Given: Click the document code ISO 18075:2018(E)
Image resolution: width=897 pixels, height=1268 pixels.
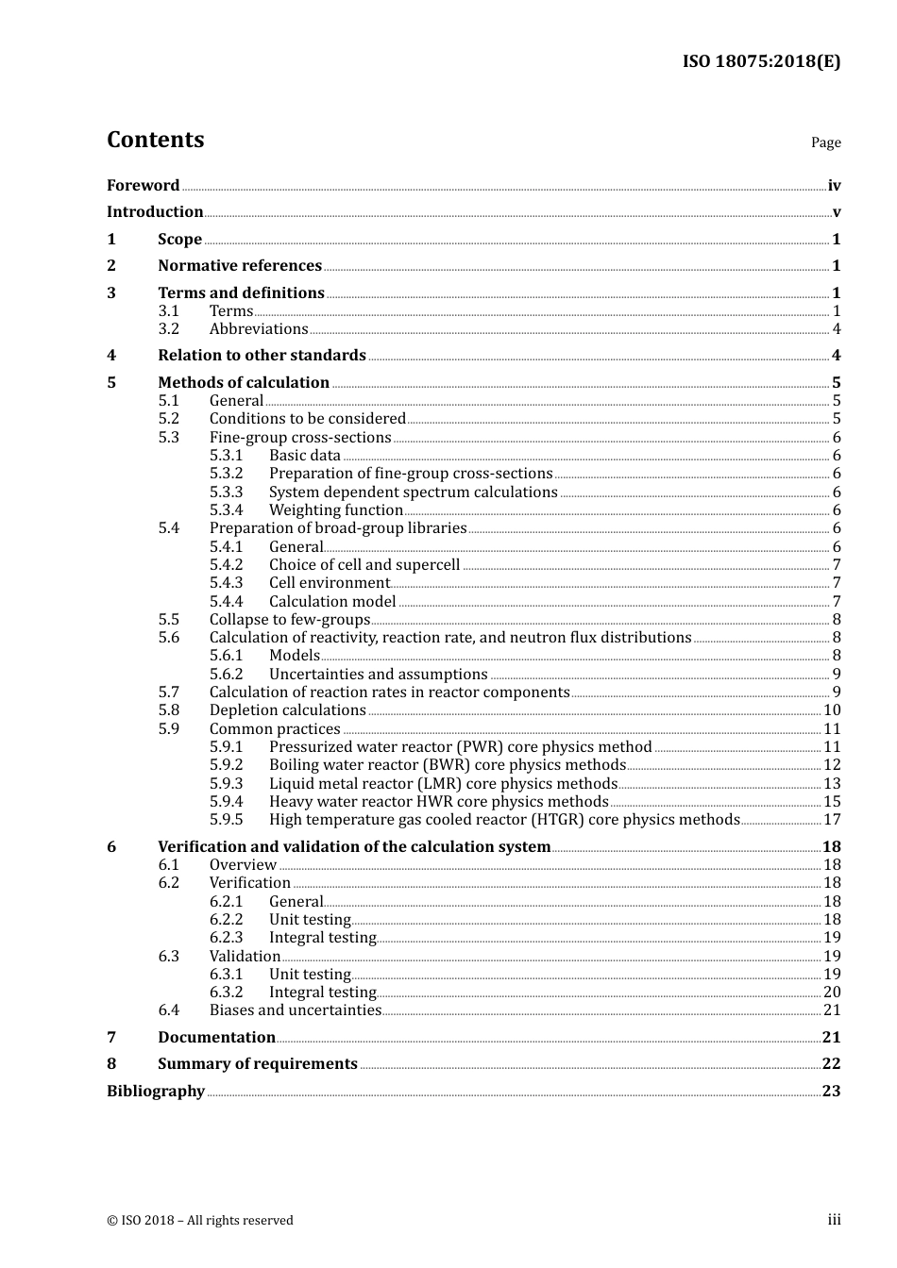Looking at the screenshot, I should pyautogui.click(x=761, y=62).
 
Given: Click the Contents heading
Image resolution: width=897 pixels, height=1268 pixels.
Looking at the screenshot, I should pyautogui.click(x=155, y=140).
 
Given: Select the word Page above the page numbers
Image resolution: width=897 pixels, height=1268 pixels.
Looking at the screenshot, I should pyautogui.click(x=825, y=142).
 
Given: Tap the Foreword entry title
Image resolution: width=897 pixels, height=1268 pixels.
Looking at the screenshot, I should pyautogui.click(x=143, y=186).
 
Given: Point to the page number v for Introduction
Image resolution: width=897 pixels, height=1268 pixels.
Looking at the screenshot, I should pyautogui.click(x=836, y=212).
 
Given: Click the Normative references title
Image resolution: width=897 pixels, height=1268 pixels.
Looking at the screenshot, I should pyautogui.click(x=240, y=266).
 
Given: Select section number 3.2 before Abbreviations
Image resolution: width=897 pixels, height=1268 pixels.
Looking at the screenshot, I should pyautogui.click(x=168, y=329).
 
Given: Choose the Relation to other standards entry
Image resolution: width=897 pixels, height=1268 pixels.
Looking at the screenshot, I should pyautogui.click(x=262, y=356).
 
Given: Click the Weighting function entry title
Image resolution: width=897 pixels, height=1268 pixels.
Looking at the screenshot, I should pyautogui.click(x=336, y=510).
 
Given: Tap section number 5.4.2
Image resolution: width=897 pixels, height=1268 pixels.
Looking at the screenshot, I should pyautogui.click(x=226, y=565).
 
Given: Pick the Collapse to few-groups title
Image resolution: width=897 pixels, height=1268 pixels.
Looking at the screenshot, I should pyautogui.click(x=289, y=620).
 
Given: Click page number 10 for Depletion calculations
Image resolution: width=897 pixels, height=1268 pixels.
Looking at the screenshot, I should pyautogui.click(x=832, y=710).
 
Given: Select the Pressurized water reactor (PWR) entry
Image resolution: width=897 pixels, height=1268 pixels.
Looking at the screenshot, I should pyautogui.click(x=460, y=747).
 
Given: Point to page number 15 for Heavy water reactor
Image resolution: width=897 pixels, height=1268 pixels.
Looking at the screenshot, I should pyautogui.click(x=832, y=802).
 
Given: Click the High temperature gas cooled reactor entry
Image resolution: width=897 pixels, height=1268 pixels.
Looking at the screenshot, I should pyautogui.click(x=504, y=820).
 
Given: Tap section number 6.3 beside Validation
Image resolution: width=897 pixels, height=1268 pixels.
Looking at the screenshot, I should pyautogui.click(x=168, y=957).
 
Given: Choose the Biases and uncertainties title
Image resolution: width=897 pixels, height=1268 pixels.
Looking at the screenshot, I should pyautogui.click(x=295, y=1010).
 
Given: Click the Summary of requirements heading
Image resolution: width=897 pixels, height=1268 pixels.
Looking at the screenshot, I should pyautogui.click(x=257, y=1064).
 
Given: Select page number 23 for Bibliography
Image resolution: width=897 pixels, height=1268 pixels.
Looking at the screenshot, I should pyautogui.click(x=831, y=1092).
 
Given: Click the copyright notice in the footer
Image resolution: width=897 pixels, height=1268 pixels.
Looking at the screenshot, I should pyautogui.click(x=200, y=1221).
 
